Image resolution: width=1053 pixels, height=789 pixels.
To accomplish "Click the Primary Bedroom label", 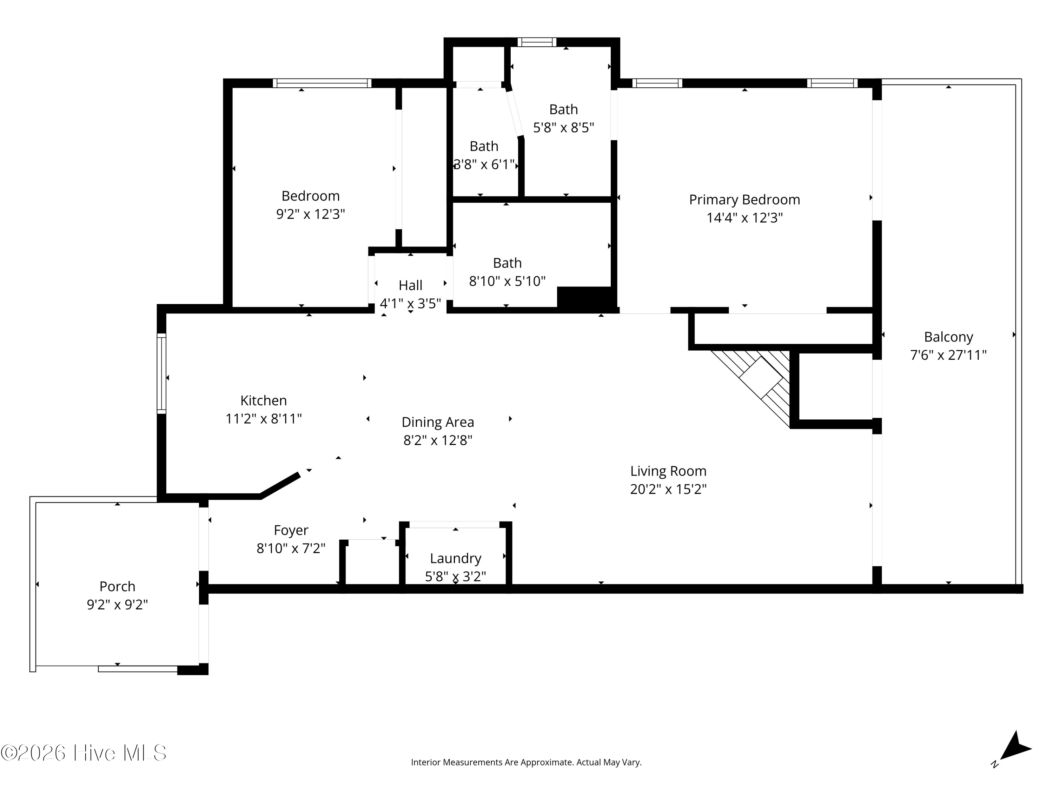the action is [x=744, y=200].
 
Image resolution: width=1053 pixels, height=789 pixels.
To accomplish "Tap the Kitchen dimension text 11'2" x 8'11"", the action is [x=263, y=418].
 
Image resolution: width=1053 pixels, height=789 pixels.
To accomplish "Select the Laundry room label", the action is [x=456, y=558].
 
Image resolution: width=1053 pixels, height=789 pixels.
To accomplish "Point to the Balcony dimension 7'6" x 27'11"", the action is [x=948, y=355].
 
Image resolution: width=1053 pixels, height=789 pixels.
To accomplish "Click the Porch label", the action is [x=117, y=586].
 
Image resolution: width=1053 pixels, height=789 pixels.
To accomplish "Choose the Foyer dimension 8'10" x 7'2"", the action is [x=291, y=548].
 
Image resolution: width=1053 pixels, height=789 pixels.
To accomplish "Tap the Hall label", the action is [x=410, y=285].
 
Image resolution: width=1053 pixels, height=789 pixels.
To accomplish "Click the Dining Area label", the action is [x=438, y=422].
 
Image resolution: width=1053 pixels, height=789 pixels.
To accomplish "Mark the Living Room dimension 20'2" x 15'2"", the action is [x=668, y=489].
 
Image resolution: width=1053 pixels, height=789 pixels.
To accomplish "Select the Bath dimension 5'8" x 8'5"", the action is [x=564, y=127].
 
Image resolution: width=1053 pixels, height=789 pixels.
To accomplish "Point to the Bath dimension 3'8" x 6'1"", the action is [x=484, y=164].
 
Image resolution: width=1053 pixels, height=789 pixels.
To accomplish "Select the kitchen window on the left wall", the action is [x=161, y=373].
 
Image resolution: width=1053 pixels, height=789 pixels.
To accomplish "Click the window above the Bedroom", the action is [x=322, y=83].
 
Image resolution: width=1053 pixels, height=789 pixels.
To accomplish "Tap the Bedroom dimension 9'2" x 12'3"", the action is [x=310, y=214].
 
